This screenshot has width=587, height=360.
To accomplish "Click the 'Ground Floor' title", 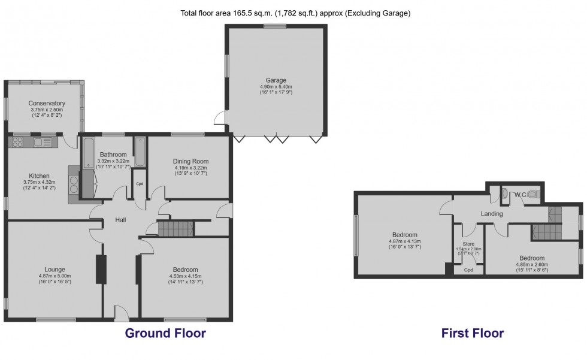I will tap(165, 333).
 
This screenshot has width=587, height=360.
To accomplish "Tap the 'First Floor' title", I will tap(472, 333).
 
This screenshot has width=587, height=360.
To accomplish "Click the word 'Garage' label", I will tap(276, 80).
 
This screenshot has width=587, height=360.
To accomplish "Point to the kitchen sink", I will tap(43, 142).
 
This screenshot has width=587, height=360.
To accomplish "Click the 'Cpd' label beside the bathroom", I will tap(140, 183).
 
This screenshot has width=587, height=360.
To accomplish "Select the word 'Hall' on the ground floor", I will tap(120, 220).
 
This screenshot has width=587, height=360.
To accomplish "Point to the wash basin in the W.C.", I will tap(504, 193).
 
